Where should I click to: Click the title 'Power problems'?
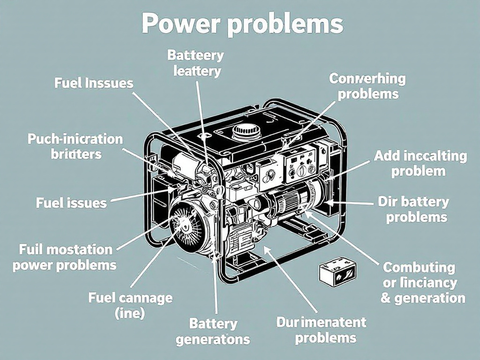242,24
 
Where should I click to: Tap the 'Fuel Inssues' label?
94,83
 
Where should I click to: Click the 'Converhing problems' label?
367,86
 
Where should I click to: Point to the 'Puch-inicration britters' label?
75,146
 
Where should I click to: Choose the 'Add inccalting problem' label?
420,163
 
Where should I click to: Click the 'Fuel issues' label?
71,203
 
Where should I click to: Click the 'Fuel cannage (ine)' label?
130,305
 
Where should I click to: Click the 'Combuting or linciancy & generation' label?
422,283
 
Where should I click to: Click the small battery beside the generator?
337,273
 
